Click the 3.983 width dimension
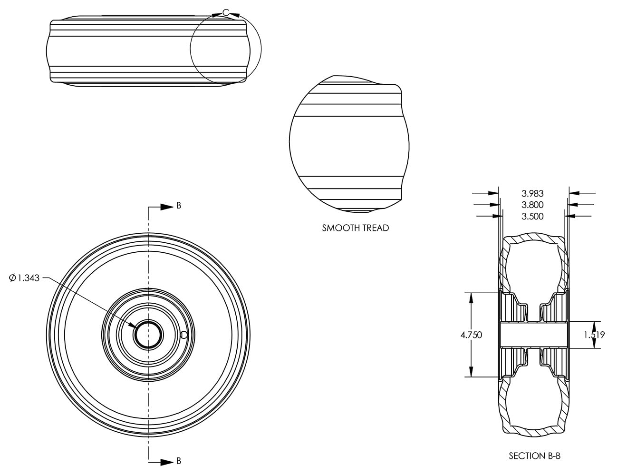point(532,194)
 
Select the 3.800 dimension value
point(532,205)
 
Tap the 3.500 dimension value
point(532,216)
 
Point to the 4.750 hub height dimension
point(471,335)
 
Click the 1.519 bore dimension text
point(594,335)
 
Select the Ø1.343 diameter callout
point(24,278)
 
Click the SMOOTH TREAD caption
point(356,228)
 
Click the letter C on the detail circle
point(226,12)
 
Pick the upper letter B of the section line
point(179,206)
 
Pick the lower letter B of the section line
point(179,461)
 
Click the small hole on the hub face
point(184,335)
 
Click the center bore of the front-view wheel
point(148,335)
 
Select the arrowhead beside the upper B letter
point(167,207)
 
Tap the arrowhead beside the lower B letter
point(167,462)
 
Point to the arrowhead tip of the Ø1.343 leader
point(137,328)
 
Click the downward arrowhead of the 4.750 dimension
point(471,371)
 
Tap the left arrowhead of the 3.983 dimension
point(493,193)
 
